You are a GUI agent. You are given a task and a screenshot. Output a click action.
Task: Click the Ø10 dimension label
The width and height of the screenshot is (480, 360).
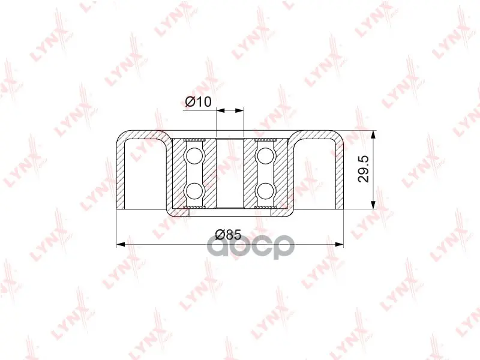pos(199,101)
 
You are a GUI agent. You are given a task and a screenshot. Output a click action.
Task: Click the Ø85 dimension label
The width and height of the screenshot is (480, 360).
pos(228,235)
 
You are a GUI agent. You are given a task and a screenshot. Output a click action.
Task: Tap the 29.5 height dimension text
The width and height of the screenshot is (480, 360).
pos(364,169)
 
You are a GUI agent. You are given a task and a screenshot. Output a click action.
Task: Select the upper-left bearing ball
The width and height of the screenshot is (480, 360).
pos(194,155)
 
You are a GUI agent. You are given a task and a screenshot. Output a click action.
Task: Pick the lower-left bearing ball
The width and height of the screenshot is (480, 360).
pos(194,191)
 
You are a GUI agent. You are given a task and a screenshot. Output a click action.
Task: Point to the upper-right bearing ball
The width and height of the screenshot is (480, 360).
pos(265,155)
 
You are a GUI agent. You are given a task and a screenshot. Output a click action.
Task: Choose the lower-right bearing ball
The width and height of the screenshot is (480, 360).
pos(265,191)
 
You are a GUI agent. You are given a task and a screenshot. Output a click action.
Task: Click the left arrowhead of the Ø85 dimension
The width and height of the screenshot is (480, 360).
pos(121,244)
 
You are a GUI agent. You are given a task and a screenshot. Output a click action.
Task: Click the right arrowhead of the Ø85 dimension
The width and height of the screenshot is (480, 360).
pos(339,244)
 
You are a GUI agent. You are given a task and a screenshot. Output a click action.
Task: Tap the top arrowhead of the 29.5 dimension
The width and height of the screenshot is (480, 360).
pos(373,135)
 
